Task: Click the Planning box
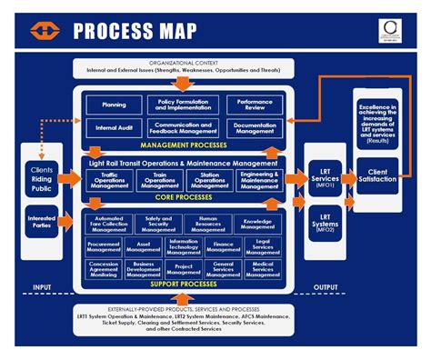[115, 105]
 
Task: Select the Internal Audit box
[115, 128]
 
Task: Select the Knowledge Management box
[257, 223]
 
